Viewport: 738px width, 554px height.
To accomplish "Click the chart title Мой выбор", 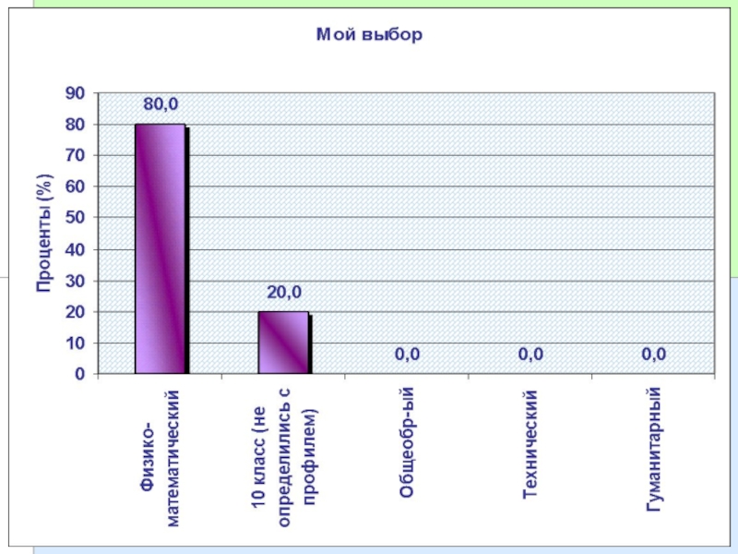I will pyautogui.click(x=369, y=35).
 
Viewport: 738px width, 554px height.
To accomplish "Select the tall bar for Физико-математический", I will pyautogui.click(x=161, y=248).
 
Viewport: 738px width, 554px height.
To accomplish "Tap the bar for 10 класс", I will pyautogui.click(x=283, y=343).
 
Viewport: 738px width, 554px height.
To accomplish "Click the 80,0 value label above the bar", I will pyautogui.click(x=160, y=104).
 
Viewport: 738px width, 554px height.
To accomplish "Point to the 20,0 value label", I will pyautogui.click(x=284, y=293).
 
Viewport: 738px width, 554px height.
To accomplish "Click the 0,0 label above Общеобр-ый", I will pyautogui.click(x=408, y=354).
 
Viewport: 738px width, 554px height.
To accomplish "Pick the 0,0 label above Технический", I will pyautogui.click(x=530, y=354).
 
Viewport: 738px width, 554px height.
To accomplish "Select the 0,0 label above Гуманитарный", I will pyautogui.click(x=654, y=354).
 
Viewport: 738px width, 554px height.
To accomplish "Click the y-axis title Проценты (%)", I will pyautogui.click(x=44, y=233).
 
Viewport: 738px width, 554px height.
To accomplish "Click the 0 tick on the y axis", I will pyautogui.click(x=79, y=374).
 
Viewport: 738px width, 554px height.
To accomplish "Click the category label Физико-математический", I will pyautogui.click(x=161, y=458).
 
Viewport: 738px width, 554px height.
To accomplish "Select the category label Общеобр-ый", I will pyautogui.click(x=407, y=444).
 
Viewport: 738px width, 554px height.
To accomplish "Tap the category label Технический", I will pyautogui.click(x=530, y=444).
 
